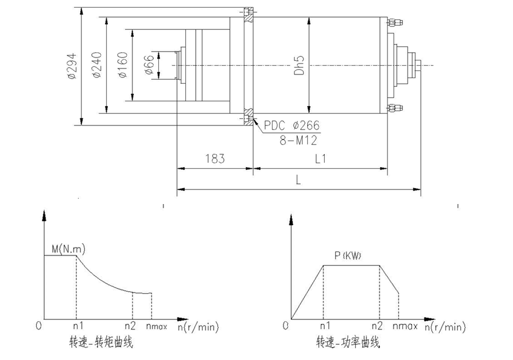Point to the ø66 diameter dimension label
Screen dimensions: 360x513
[149, 64]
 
